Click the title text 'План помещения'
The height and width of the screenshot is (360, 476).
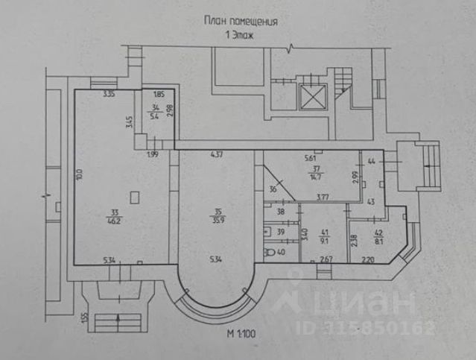click(241, 22)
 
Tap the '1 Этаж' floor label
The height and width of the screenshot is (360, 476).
click(240, 35)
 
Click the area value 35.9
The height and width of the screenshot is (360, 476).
click(218, 221)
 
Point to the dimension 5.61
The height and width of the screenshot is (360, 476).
click(310, 158)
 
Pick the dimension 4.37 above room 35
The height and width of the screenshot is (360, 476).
click(217, 155)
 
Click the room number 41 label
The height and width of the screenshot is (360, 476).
click(324, 231)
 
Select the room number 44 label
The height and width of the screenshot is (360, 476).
click(370, 161)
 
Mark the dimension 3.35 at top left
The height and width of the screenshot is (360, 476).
click(109, 95)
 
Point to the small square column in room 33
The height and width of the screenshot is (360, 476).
click(133, 197)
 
